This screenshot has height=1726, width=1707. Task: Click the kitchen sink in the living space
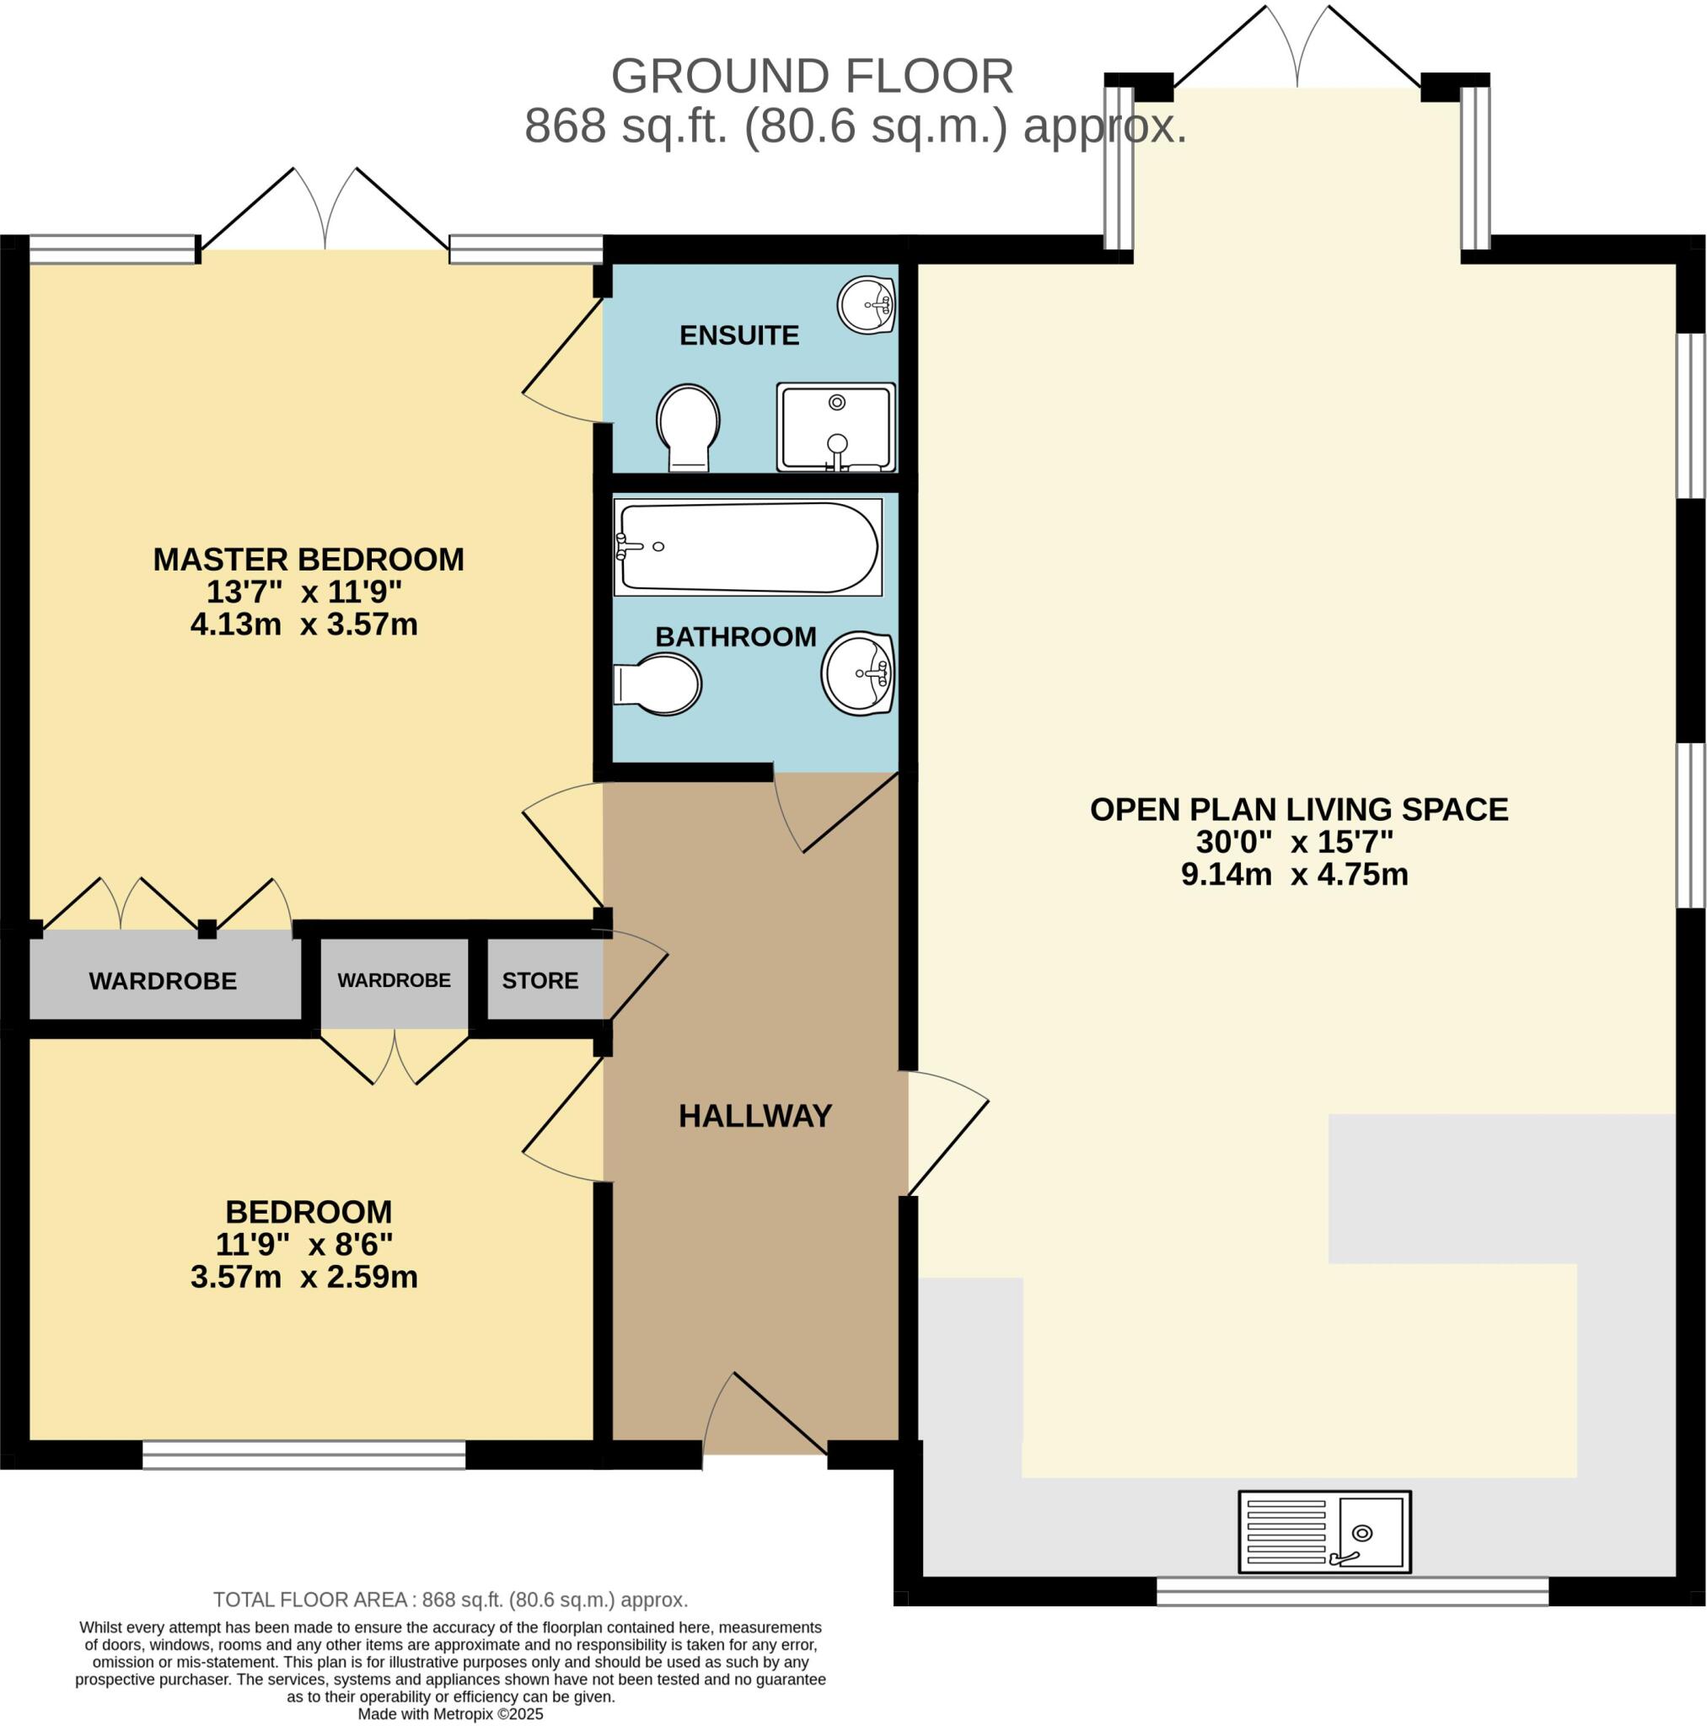(1323, 1531)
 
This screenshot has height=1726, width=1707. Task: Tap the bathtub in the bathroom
(747, 547)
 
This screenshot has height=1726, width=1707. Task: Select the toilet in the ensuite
(687, 427)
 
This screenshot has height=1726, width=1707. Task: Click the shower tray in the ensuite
(835, 427)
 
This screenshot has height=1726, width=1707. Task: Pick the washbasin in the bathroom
(858, 673)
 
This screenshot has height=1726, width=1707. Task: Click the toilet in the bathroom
(658, 684)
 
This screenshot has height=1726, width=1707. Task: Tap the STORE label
(539, 981)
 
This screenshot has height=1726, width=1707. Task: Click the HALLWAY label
(755, 1116)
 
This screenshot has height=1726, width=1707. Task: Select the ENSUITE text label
(739, 335)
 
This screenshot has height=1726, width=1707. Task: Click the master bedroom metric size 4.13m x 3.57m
(303, 624)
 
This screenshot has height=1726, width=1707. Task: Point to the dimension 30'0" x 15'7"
(1294, 842)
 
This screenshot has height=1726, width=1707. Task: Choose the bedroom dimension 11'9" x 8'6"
(303, 1245)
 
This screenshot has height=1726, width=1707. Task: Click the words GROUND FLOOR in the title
(812, 77)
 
